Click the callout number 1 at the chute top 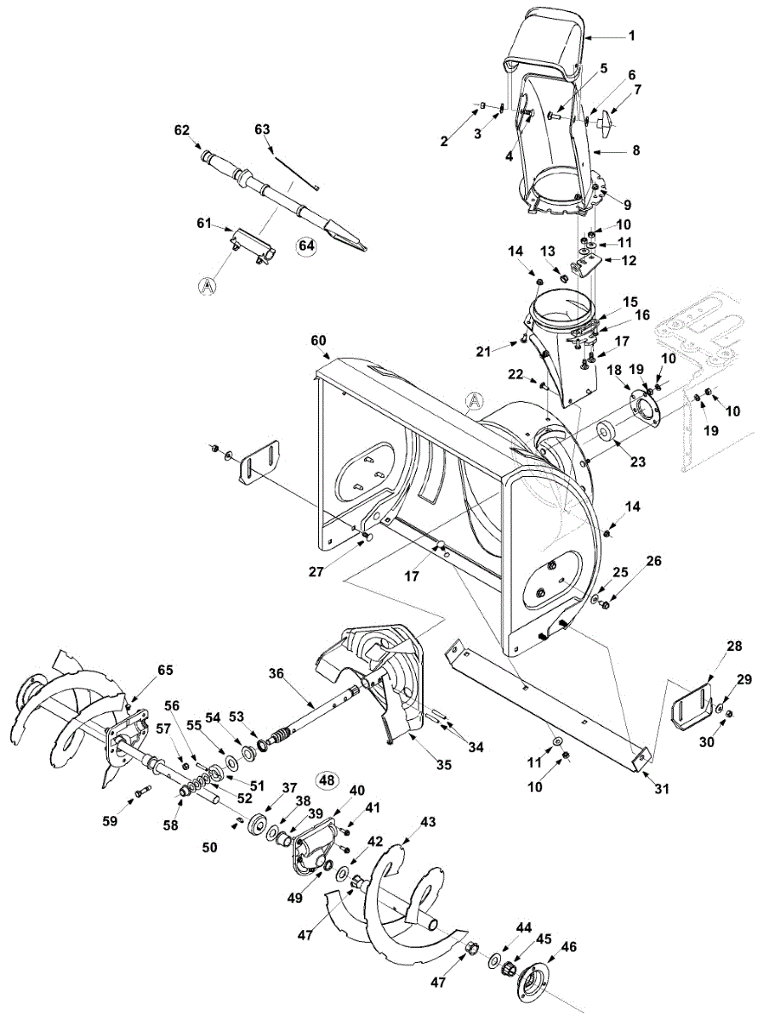(x=632, y=36)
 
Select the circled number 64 (x=306, y=246)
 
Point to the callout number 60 (x=317, y=341)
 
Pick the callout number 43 (x=428, y=822)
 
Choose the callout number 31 (x=662, y=789)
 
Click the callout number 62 (x=181, y=131)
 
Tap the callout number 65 (x=165, y=671)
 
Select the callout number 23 (x=637, y=462)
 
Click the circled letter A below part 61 (x=207, y=287)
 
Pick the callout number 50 (x=209, y=847)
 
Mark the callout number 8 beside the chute (x=635, y=150)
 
